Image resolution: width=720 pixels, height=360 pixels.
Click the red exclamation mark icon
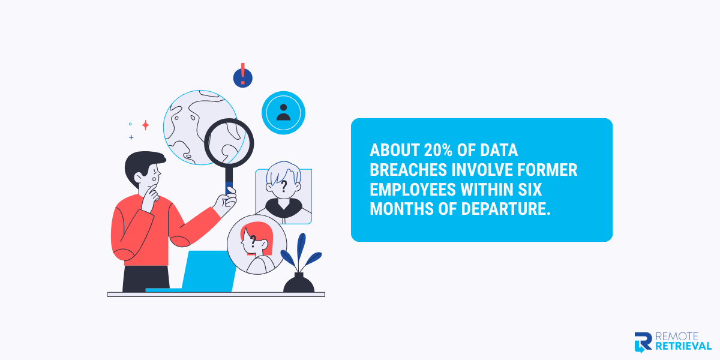[242, 76]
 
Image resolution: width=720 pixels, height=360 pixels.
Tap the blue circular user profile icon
[283, 112]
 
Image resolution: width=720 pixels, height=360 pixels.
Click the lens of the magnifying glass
[229, 143]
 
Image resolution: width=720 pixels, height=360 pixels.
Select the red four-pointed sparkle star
[145, 125]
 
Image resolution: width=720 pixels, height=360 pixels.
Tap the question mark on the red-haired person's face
[253, 241]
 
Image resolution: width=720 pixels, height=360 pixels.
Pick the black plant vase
[299, 283]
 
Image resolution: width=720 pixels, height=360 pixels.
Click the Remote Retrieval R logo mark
[643, 341]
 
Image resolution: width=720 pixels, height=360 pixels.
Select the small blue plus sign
[131, 137]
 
